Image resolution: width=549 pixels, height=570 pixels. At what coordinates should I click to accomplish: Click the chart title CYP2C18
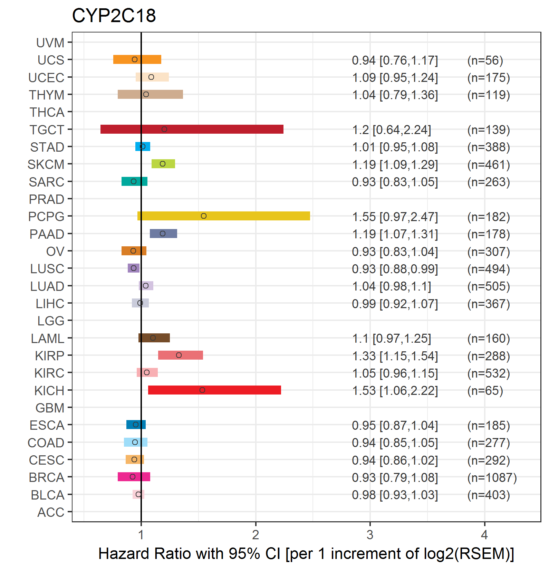click(x=114, y=16)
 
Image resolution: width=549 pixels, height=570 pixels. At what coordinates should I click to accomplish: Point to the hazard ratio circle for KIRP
click(x=179, y=355)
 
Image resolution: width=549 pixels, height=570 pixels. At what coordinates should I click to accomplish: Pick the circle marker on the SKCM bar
click(x=163, y=164)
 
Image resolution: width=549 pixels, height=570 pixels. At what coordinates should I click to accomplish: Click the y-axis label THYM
click(x=47, y=95)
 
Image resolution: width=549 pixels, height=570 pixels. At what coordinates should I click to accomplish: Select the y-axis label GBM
click(x=50, y=408)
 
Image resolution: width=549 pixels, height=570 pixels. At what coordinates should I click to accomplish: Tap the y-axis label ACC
click(x=51, y=512)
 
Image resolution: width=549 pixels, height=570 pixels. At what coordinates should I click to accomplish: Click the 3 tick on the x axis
click(x=370, y=535)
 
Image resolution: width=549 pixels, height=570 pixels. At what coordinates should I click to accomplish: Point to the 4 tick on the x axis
click(x=484, y=535)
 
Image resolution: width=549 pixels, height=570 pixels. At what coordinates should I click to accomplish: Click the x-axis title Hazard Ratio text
click(x=306, y=553)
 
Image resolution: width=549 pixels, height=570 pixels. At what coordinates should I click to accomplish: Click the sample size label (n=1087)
click(x=492, y=477)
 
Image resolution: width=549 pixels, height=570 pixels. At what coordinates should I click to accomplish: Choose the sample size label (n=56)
click(x=485, y=60)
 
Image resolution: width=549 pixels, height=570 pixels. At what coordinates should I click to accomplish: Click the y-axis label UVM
click(x=50, y=43)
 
